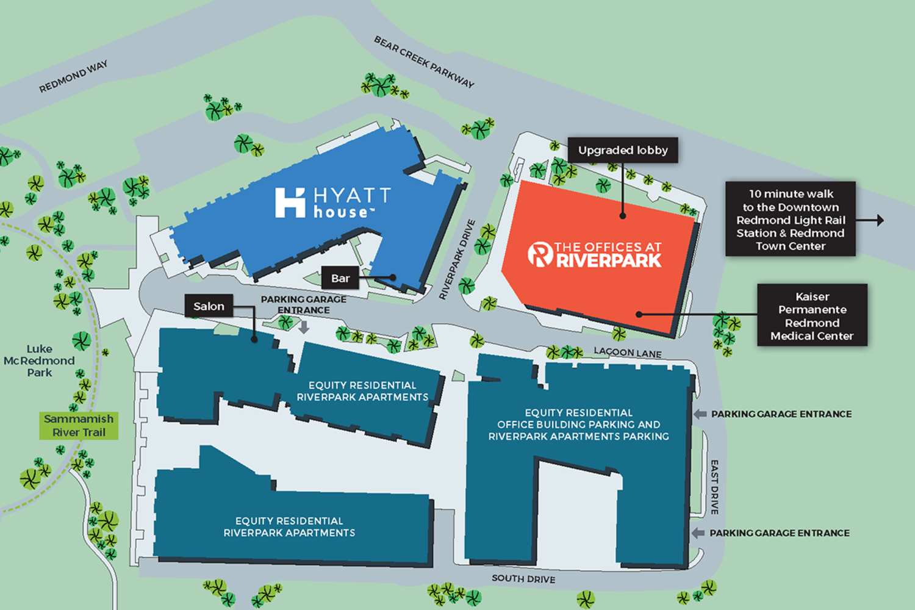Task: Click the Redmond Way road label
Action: pos(73,77)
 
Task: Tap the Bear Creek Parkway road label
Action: pos(424,62)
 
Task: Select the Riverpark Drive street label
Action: pos(457,259)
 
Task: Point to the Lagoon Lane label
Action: pos(628,353)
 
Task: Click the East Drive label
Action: pos(714,487)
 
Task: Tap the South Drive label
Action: pos(523,578)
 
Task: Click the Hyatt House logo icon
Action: pos(290,203)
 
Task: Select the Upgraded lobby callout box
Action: pos(623,150)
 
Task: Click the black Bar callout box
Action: pos(340,278)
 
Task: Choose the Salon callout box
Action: pos(209,306)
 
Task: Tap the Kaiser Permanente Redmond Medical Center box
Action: pos(812,315)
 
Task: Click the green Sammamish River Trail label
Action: pos(79,426)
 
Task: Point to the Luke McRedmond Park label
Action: pos(39,361)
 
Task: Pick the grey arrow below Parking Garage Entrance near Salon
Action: pos(304,327)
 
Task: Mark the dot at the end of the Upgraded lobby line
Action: pos(623,215)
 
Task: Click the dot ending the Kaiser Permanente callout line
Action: pos(639,315)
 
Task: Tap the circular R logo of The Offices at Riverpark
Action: pos(540,254)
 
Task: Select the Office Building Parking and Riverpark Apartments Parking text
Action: pos(578,425)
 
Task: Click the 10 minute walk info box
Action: pos(791,220)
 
